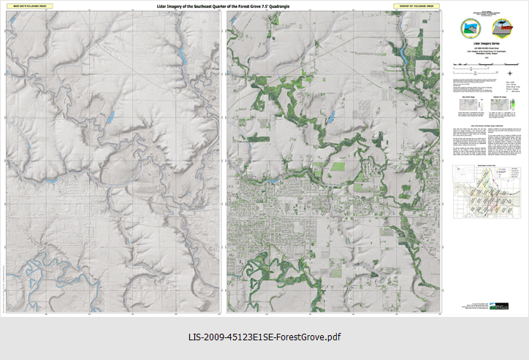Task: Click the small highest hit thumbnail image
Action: point(495,107)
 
